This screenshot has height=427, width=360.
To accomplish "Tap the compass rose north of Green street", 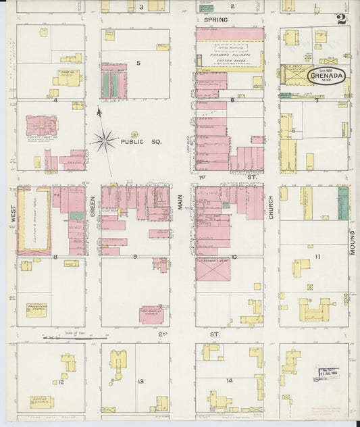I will click(105, 141).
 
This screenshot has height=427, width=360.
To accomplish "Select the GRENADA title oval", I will click(328, 76).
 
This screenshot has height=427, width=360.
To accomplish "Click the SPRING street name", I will click(213, 20).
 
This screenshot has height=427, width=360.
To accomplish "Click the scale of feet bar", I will click(74, 336).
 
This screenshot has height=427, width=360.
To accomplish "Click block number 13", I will click(140, 382).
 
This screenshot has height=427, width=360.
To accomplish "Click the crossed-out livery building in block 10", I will click(213, 270).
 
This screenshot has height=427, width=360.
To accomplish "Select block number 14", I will click(230, 381).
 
